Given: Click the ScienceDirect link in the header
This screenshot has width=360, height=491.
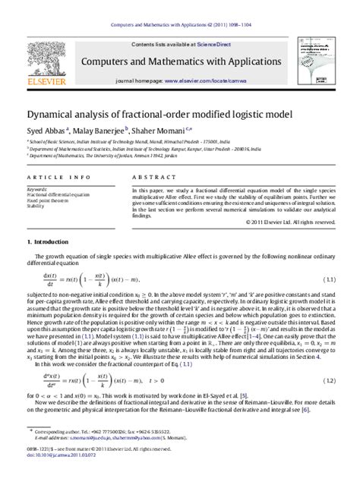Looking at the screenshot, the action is pos(218,45).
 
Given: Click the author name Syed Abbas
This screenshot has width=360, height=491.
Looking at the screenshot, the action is pos(44,130).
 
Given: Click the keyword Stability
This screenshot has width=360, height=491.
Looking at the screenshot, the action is pos(36,206).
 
